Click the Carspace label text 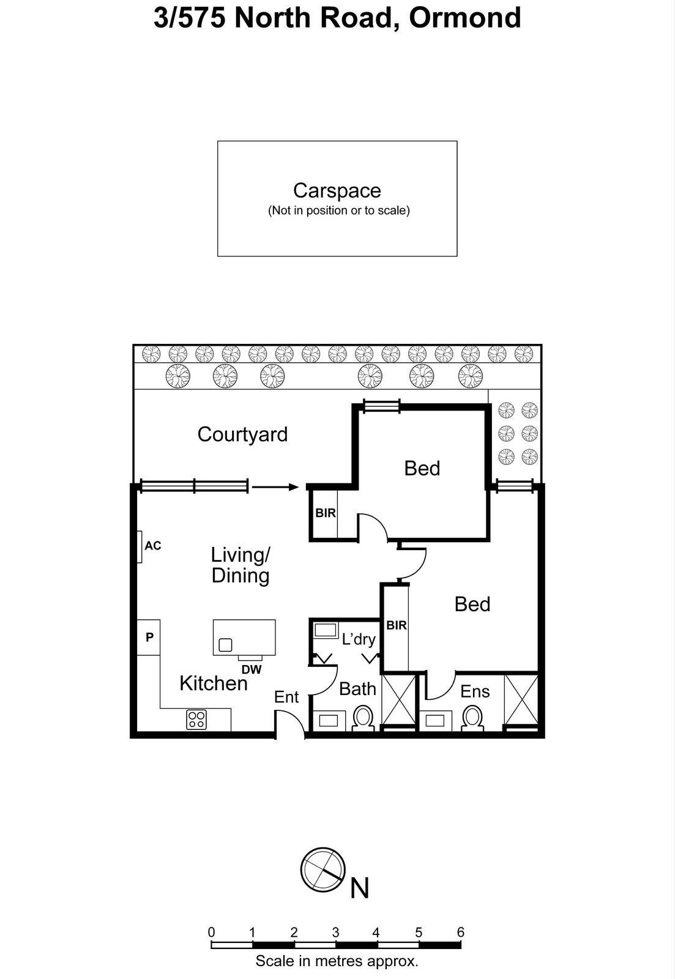(337, 190)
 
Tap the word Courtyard (242, 434)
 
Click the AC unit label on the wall (153, 545)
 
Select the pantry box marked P (149, 637)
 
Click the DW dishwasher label (251, 669)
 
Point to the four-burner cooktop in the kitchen (196, 720)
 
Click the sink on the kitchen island (225, 644)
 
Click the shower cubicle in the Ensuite (521, 699)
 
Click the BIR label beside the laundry (397, 625)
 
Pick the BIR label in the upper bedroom (326, 513)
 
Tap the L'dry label (359, 639)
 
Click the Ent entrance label (286, 697)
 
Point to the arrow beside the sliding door (275, 487)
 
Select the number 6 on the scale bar (460, 932)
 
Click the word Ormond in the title (465, 17)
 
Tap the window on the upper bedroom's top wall (381, 405)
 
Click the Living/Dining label (241, 565)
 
